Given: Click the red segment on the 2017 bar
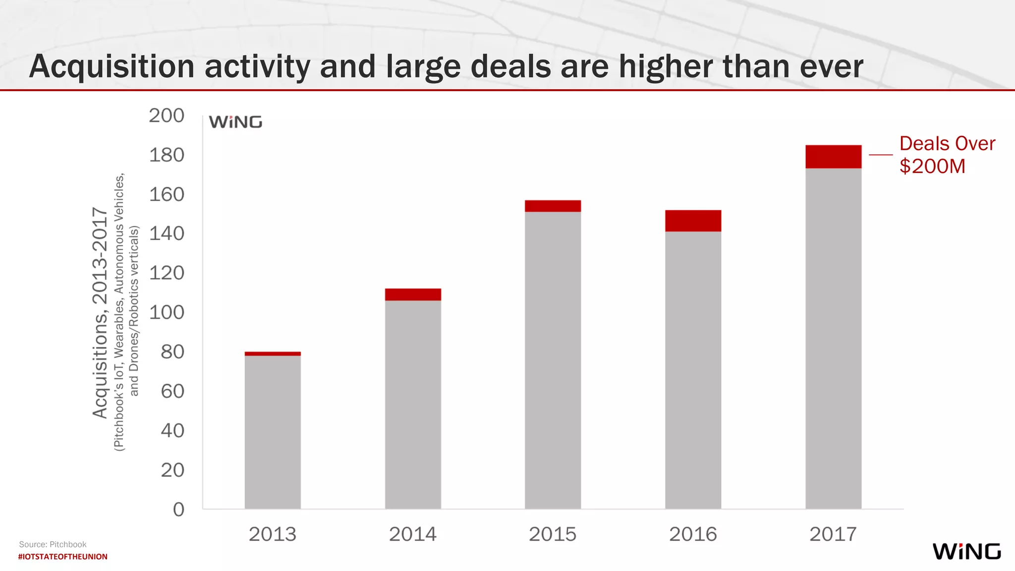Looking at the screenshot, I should (833, 157).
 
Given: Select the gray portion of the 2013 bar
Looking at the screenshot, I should (273, 431).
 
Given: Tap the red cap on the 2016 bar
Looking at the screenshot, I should (693, 221).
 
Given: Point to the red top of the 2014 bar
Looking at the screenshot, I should (413, 294).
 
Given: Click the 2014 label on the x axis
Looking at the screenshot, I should (412, 534).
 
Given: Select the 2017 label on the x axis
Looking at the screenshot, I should (833, 534).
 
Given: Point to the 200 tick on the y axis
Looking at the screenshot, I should (167, 115).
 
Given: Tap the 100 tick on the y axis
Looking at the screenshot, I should (167, 312).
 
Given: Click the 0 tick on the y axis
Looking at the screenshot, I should (178, 510).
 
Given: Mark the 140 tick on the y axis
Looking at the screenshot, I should (167, 233).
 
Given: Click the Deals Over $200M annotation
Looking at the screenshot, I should (947, 155).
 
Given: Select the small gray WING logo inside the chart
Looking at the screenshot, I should (235, 122).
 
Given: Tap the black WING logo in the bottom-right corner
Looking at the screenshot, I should (966, 551).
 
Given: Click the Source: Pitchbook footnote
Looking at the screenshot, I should (53, 544).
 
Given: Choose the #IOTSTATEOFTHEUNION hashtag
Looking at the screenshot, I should (63, 557).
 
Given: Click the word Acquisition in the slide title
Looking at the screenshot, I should (112, 66).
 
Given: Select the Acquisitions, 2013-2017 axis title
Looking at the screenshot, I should (100, 312).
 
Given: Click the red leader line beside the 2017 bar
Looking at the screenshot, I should (881, 155).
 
